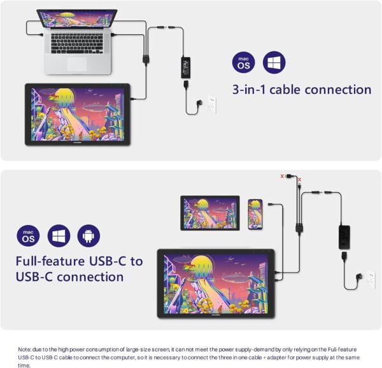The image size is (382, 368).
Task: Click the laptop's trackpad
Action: [76, 64]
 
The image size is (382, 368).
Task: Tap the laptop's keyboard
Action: [77, 44]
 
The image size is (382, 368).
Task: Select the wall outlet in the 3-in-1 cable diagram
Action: [211, 104]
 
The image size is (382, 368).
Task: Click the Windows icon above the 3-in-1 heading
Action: [274, 62]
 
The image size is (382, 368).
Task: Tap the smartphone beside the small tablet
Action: [255, 214]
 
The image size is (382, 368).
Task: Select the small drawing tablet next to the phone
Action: [209, 212]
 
